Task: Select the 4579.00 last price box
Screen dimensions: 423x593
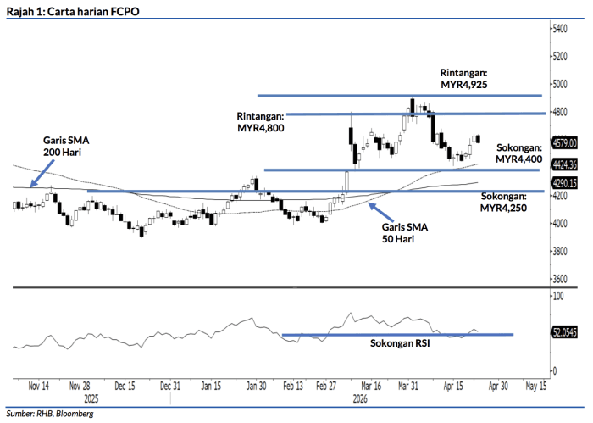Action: coord(564,142)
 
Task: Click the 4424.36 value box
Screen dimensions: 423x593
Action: coord(564,164)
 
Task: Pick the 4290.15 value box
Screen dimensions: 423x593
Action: coord(564,182)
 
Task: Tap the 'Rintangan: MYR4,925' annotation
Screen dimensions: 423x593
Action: coord(464,79)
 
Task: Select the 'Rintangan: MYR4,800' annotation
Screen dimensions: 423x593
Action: coord(261,120)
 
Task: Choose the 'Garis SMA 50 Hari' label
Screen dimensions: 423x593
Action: coord(405,233)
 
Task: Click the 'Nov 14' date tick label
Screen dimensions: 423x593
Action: coord(38,386)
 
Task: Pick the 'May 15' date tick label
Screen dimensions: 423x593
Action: coord(535,386)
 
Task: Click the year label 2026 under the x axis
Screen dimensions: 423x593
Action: coord(360,397)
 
